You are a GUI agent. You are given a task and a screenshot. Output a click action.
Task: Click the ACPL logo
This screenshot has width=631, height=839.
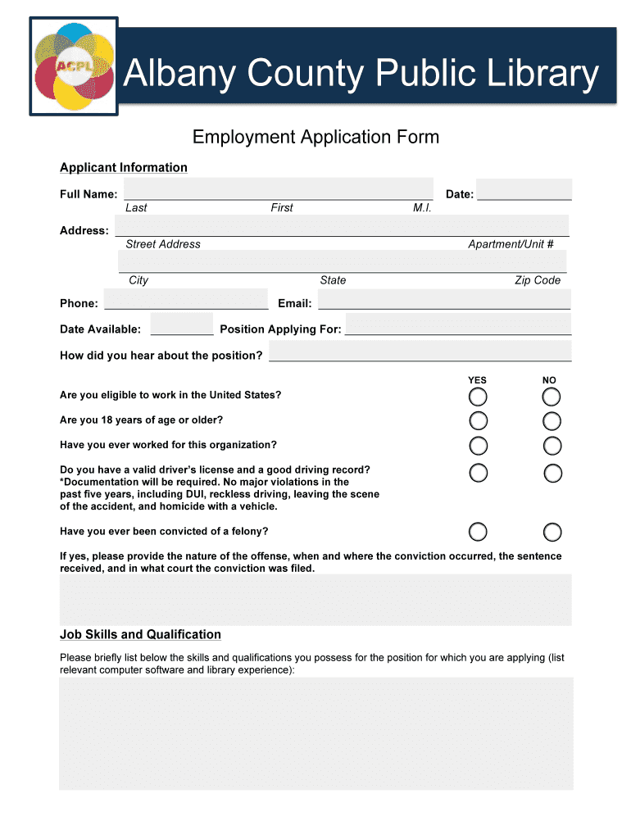coord(73,66)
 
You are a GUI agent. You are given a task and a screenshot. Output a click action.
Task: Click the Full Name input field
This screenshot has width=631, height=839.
coord(278,188)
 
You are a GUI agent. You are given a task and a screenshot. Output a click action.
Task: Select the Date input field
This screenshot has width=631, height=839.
coord(524,189)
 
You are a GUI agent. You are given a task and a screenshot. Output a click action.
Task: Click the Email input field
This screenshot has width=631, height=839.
coord(443,299)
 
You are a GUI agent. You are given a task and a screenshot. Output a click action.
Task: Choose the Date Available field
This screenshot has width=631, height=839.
coord(182,324)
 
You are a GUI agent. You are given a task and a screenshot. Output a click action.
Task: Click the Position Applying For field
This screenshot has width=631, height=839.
coord(458,324)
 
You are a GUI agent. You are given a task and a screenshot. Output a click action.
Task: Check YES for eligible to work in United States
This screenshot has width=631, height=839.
coord(478,397)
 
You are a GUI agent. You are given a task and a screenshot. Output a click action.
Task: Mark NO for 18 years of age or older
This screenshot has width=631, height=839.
coord(552,422)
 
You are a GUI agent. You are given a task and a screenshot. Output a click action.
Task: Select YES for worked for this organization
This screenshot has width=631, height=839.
coord(478,447)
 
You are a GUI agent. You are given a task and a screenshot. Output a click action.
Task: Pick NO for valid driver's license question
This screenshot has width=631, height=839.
coord(553,474)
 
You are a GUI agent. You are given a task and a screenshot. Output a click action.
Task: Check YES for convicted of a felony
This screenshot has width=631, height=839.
coord(478,532)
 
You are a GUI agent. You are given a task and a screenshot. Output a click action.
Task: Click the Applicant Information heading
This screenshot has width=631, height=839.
coord(124,168)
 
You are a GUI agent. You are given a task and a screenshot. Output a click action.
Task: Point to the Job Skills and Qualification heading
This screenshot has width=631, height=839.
coord(140,635)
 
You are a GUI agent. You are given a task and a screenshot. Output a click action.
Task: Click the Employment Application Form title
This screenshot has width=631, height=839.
coord(315,137)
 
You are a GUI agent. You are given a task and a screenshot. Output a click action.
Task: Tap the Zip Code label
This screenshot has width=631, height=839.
coord(537,280)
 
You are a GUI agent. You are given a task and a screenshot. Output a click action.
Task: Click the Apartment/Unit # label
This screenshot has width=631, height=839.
coord(511,244)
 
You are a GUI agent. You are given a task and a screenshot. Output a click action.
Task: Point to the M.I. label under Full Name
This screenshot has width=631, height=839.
coord(422,208)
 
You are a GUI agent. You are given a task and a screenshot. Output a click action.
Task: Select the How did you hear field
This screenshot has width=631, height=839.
coord(420,351)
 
